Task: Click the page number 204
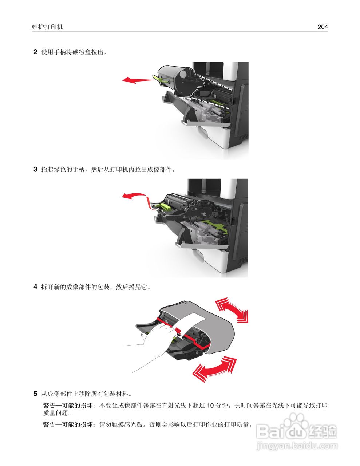[x=322, y=27]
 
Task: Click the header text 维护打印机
[x=47, y=27]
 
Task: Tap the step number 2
[x=35, y=52]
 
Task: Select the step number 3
[x=35, y=169]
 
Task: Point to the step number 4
[x=35, y=287]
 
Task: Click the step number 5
[x=35, y=394]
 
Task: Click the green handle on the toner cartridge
[x=162, y=79]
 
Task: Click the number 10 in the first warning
[x=210, y=405]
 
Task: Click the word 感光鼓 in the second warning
[x=134, y=424]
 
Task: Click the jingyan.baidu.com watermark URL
[x=297, y=445]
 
